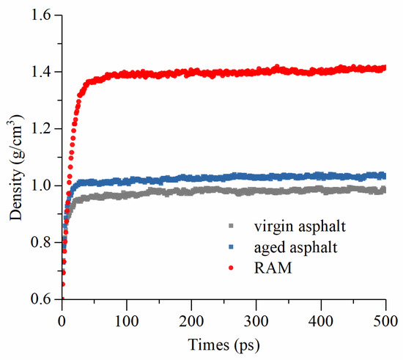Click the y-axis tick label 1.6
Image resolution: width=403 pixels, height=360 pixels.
[x=44, y=15]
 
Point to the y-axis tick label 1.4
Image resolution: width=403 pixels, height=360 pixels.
[x=44, y=72]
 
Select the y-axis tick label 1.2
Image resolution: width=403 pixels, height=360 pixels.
[x=44, y=129]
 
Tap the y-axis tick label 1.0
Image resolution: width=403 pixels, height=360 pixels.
[x=44, y=185]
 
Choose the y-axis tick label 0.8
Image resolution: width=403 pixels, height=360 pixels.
[x=44, y=243]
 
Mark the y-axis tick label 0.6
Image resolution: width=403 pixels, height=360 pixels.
[x=44, y=299]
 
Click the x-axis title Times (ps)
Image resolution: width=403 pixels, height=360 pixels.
[x=223, y=342]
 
